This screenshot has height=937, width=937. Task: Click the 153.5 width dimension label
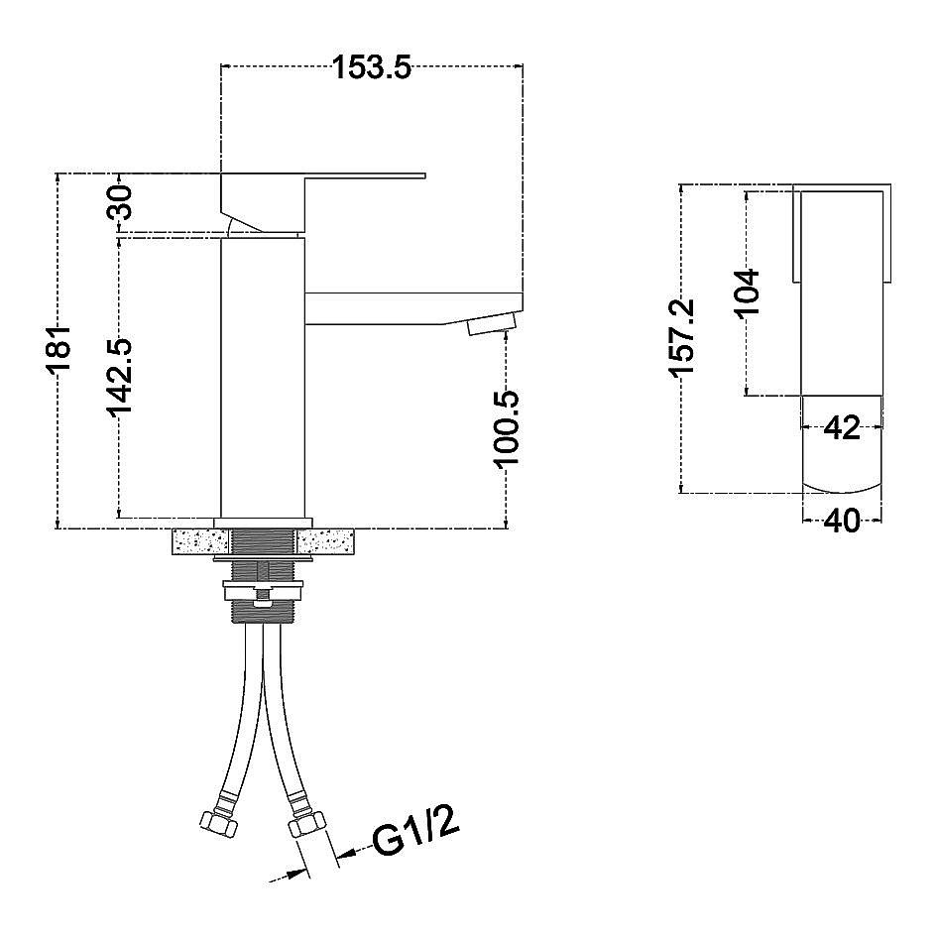[372, 67]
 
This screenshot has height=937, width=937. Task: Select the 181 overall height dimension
[59, 350]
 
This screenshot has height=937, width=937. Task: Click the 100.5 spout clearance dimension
[506, 429]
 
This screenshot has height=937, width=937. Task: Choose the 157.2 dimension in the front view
[682, 338]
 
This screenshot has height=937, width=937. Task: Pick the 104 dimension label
[747, 293]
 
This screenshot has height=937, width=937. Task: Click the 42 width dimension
[842, 428]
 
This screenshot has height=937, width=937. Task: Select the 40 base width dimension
[842, 522]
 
